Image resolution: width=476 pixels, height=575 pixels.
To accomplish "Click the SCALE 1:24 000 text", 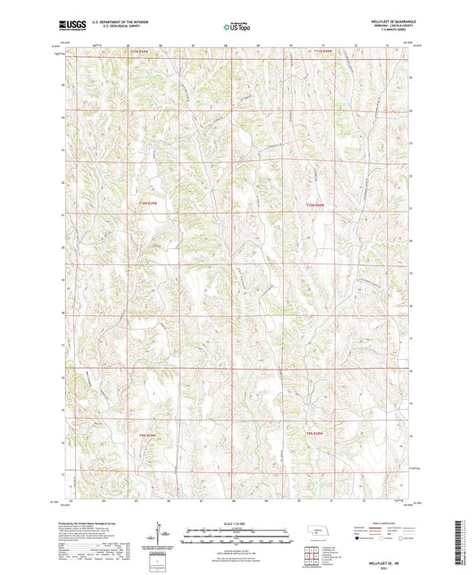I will tap(238, 522).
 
